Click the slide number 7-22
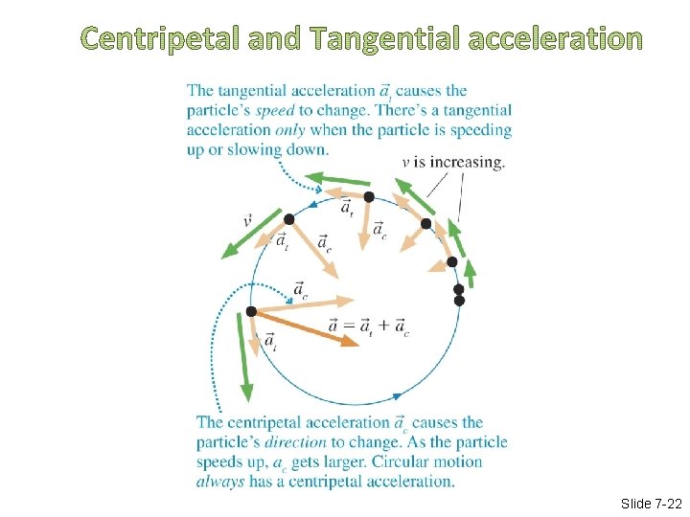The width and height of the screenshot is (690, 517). pos(651,504)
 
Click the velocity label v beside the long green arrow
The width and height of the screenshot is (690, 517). pos(248,221)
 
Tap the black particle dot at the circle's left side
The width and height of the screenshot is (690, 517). pos(251,311)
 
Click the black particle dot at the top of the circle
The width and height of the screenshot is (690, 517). pos(368,196)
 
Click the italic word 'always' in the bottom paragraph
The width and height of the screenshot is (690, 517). pos(219,481)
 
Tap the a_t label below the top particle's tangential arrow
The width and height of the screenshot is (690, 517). pos(347,210)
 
